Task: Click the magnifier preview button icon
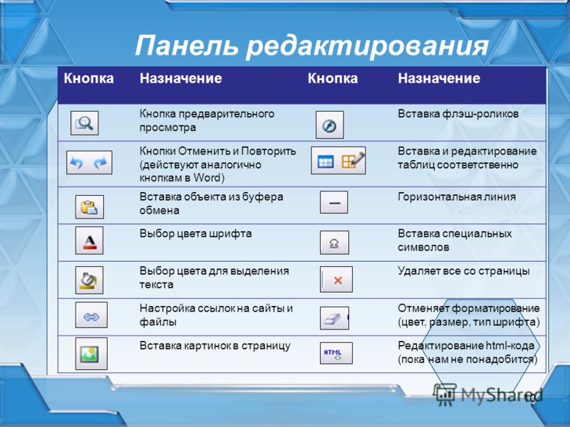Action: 84,123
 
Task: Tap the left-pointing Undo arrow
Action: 77,163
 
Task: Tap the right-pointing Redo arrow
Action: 100,163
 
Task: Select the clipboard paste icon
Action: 90,207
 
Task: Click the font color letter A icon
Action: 90,241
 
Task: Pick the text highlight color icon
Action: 90,280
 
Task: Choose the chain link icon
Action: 91,315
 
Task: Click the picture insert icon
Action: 91,354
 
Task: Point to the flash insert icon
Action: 330,125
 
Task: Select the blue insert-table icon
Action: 326,162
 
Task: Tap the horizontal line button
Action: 334,202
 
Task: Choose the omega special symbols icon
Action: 334,243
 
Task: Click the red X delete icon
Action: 337,280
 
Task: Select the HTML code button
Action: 336,353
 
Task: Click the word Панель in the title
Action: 187,46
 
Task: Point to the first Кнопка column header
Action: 88,78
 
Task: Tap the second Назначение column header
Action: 439,78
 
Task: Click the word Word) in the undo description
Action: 209,178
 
